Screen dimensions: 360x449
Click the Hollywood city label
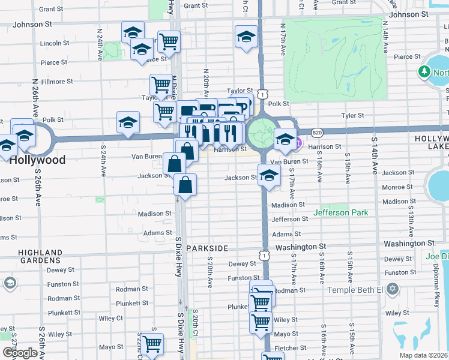37,160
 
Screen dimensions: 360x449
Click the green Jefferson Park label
340,212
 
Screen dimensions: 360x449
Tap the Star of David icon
393,290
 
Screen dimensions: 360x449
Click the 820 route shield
318,132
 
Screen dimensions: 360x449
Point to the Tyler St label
352,115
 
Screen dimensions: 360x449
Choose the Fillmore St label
57,81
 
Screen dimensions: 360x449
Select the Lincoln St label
55,43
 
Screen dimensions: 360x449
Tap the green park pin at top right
424,72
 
